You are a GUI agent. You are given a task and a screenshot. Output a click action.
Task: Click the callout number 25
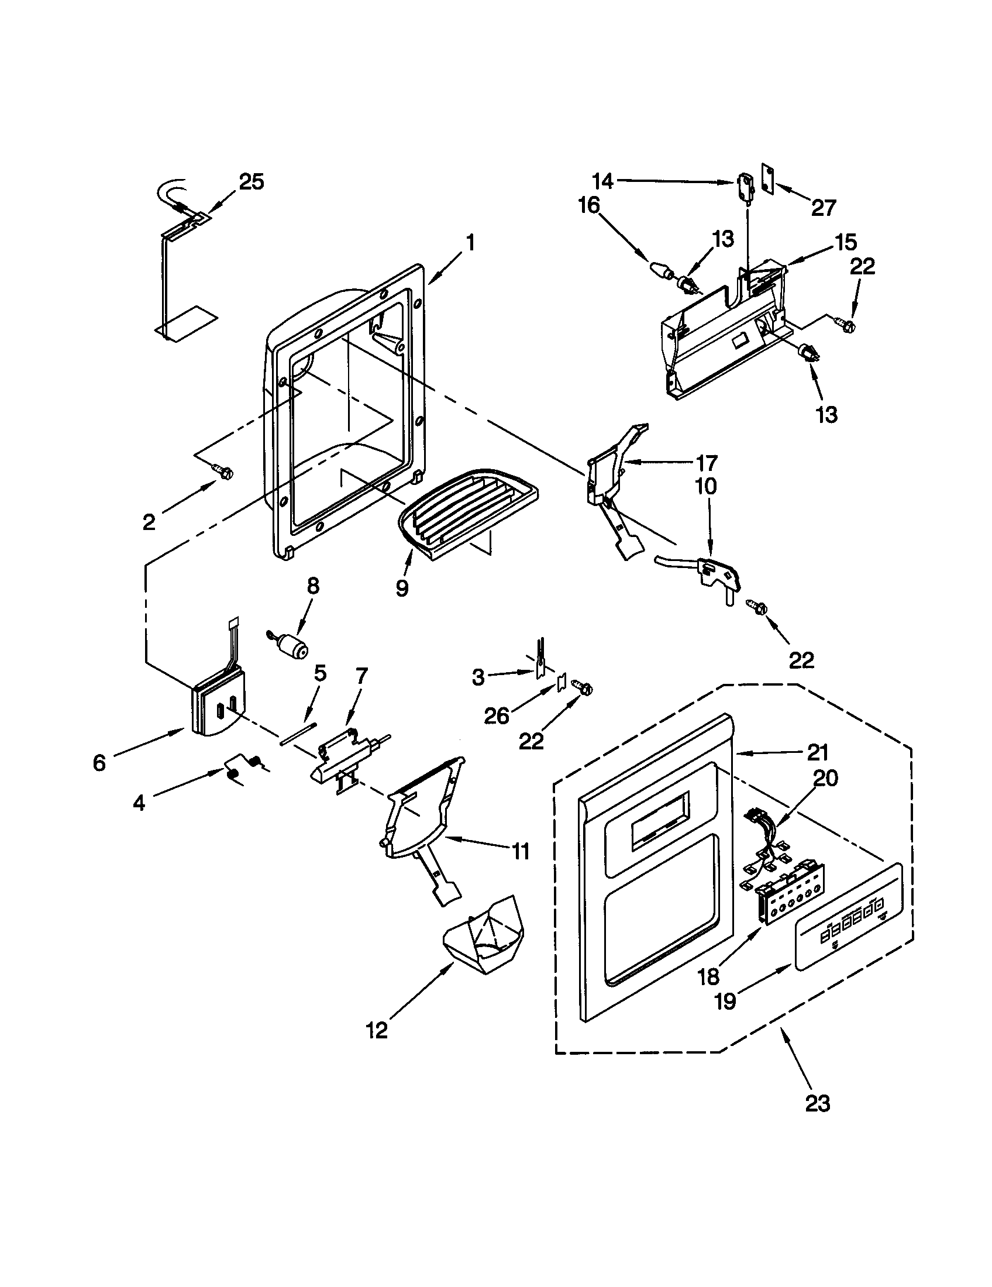(x=251, y=182)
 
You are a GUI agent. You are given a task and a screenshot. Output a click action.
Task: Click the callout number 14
(x=602, y=181)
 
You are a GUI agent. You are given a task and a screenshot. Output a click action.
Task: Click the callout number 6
(x=99, y=762)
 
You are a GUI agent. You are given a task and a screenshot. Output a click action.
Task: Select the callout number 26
(x=496, y=715)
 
